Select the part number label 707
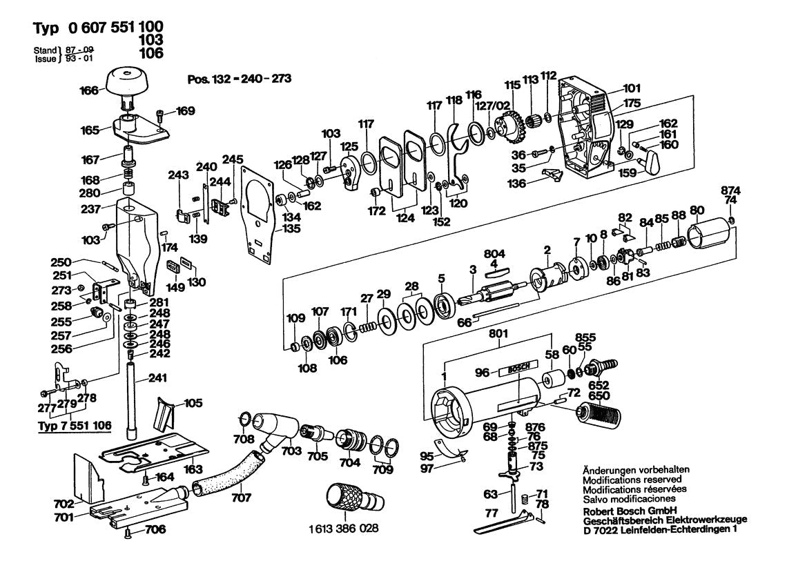(x=241, y=497)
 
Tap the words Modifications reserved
(x=632, y=479)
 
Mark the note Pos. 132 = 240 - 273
(x=239, y=79)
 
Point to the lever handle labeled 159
(x=649, y=164)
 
